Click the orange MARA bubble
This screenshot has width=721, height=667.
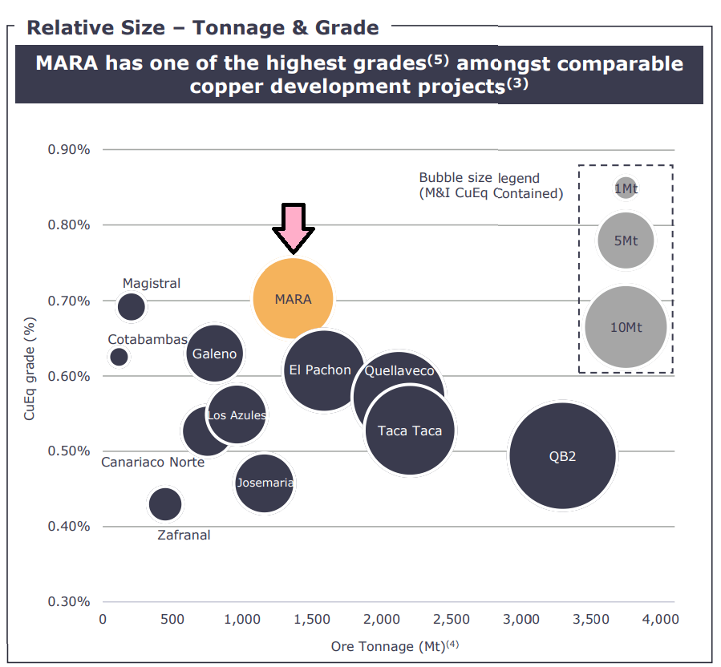pyautogui.click(x=293, y=298)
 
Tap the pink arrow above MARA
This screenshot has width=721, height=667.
pyautogui.click(x=294, y=228)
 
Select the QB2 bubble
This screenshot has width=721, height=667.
pyautogui.click(x=562, y=455)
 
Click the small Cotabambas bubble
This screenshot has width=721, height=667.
pyautogui.click(x=119, y=357)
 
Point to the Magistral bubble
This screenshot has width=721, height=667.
pyautogui.click(x=132, y=305)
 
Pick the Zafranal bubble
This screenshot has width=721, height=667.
pyautogui.click(x=165, y=504)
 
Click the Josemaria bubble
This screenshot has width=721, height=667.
pyautogui.click(x=264, y=483)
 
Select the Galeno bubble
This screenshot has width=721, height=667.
pyautogui.click(x=214, y=353)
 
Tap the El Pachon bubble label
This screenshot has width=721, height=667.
pyautogui.click(x=320, y=370)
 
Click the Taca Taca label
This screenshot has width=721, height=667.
pyautogui.click(x=409, y=431)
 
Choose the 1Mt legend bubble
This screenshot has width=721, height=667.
pyautogui.click(x=626, y=188)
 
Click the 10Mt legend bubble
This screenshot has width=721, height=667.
pyautogui.click(x=626, y=327)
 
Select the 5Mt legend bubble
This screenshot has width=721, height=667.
pyautogui.click(x=626, y=240)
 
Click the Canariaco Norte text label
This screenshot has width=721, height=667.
pyautogui.click(x=152, y=463)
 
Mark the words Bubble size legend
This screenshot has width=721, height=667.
pyautogui.click(x=479, y=178)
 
